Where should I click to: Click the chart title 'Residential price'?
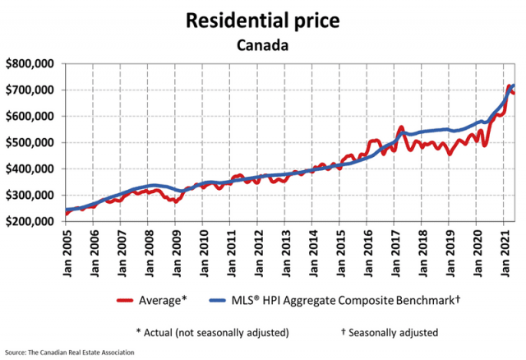coord(263,19)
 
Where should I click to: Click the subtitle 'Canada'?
coord(263,44)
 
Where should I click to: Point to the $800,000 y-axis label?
coord(30,63)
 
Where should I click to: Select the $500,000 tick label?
coord(30,143)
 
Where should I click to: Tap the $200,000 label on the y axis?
coord(30,222)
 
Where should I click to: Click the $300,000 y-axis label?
coord(30,196)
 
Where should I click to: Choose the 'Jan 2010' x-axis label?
coord(202,250)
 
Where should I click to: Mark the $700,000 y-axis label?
coord(30,90)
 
